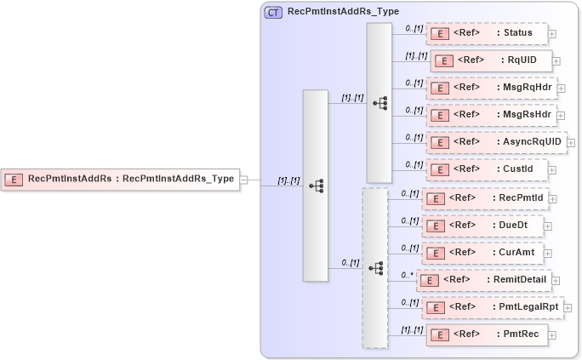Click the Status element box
(x=487, y=34)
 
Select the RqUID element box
(x=492, y=60)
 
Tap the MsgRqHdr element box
(x=491, y=88)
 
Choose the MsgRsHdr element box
(x=491, y=115)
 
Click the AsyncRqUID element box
(x=495, y=142)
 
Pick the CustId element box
(x=485, y=169)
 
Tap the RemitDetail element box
(x=484, y=279)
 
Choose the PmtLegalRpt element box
(x=494, y=306)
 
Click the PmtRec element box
(x=487, y=334)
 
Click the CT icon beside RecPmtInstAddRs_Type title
(x=274, y=13)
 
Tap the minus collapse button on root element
(x=243, y=180)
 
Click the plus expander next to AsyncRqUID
(x=571, y=143)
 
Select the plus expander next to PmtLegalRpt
(x=568, y=307)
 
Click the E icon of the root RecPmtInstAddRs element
(x=14, y=180)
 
